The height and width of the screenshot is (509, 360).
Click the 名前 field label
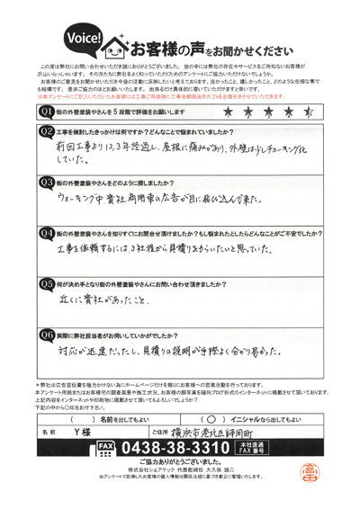(x=49, y=430)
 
